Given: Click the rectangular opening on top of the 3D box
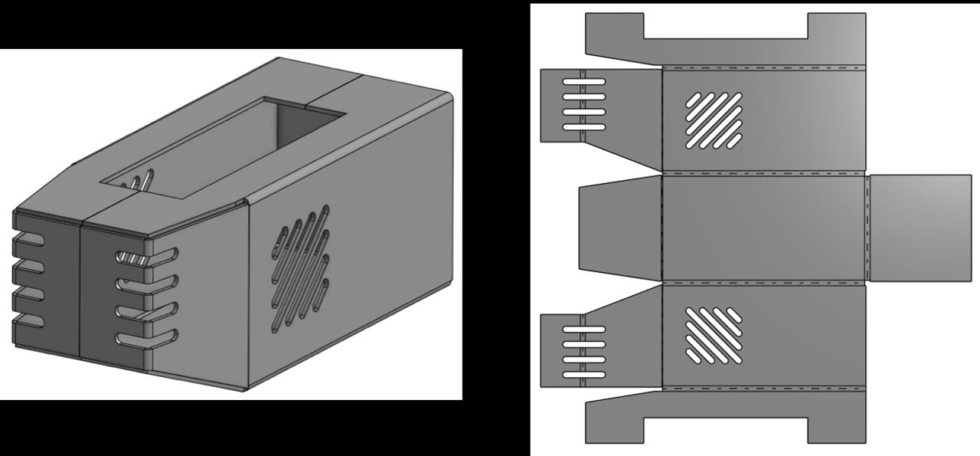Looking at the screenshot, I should click(230, 149).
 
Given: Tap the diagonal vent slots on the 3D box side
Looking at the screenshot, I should click(300, 268).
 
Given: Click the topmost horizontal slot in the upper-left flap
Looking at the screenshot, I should click(583, 81).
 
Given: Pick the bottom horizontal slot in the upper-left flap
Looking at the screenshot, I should click(583, 127).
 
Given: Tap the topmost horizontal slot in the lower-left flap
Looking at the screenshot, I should click(583, 330).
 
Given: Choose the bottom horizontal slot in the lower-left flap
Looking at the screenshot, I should click(583, 375).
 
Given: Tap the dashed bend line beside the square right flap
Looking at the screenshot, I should click(867, 228).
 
